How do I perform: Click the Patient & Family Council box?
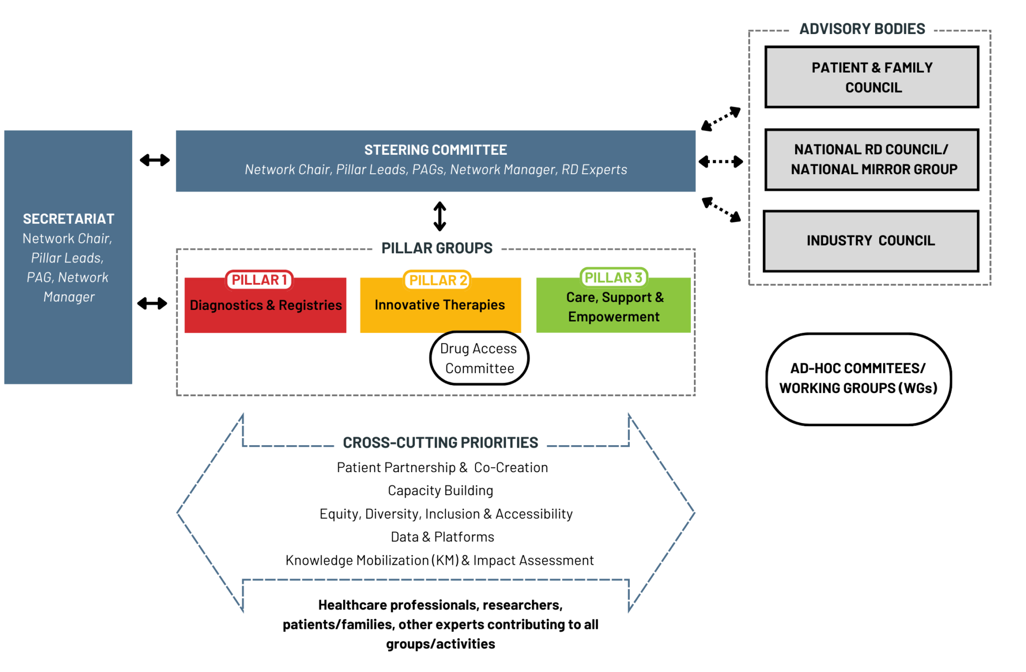872,77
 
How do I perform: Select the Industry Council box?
871,241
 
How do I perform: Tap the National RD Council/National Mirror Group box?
872,160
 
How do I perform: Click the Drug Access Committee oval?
479,358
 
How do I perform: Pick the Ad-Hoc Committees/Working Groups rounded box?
858,379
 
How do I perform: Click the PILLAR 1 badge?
259,280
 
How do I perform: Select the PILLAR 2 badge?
438,280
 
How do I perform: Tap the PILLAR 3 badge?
613,277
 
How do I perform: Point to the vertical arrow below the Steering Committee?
440,216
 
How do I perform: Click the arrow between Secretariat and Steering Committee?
154,160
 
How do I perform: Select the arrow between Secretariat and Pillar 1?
152,303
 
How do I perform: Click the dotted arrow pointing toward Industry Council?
721,209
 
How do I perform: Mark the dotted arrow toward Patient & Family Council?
721,119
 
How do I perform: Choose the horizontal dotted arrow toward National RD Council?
721,162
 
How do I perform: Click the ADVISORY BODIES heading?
862,29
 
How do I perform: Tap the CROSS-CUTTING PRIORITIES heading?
440,443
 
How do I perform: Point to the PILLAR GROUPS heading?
437,248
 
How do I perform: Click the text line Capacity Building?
440,491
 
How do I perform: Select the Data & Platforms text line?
442,537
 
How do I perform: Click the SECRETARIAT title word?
69,219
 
